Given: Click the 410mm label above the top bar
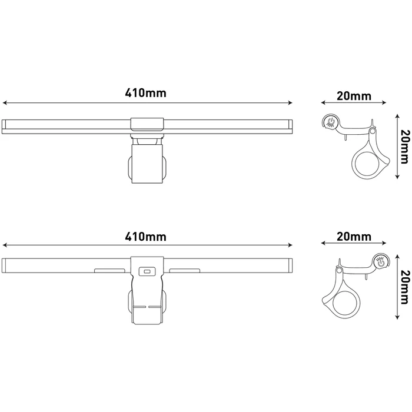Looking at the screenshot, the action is click(145, 93).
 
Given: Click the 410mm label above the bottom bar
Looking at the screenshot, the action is click(145, 237).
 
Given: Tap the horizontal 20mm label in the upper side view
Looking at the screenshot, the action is click(354, 96).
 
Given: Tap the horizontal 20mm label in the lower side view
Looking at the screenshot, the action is click(354, 237).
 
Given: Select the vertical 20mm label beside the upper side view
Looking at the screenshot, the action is click(405, 147).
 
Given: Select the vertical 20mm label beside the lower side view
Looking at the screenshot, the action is click(405, 287).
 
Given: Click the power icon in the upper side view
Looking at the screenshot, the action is click(330, 122).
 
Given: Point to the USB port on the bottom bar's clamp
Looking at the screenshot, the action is click(147, 271).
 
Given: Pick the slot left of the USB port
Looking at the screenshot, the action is click(109, 270).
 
